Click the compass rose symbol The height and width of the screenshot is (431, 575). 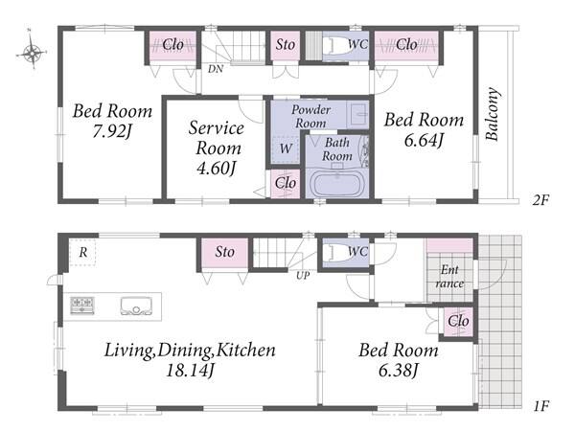32,52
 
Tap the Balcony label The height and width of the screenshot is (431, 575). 493,114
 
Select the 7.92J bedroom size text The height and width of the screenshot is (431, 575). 111,131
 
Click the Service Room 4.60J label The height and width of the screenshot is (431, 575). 216,147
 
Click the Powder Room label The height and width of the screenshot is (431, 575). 310,116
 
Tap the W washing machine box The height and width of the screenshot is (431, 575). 286,149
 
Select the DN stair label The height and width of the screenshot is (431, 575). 216,69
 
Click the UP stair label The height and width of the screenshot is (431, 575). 303,275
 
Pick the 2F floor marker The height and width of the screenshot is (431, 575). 540,200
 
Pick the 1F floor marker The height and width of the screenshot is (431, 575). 540,406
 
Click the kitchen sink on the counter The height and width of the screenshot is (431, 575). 136,306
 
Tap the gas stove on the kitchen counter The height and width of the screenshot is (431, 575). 82,306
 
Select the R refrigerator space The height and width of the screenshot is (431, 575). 82,253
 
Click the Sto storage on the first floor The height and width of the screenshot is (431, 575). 224,253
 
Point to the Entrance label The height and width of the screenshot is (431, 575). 449,277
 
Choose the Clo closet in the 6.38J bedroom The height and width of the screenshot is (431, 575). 458,322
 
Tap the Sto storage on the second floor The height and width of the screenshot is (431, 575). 285,45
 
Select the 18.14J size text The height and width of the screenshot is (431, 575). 190,371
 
